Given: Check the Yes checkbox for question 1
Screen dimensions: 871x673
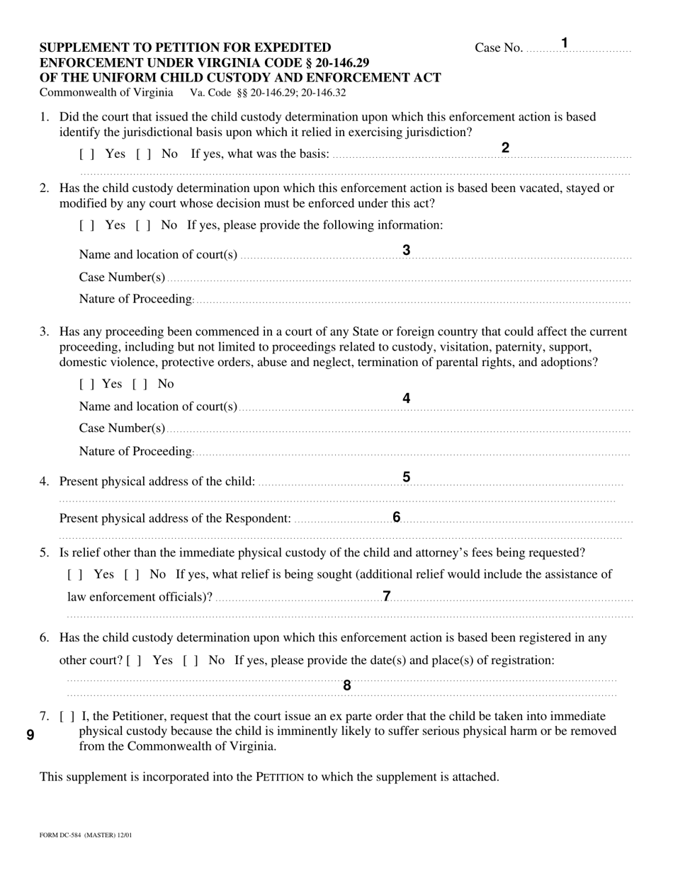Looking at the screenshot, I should click(x=87, y=154).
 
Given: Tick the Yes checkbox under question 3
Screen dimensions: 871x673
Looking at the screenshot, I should click(x=87, y=385).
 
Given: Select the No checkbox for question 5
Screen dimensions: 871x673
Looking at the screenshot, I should click(x=132, y=574).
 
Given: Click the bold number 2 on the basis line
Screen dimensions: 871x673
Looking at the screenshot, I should click(x=505, y=148).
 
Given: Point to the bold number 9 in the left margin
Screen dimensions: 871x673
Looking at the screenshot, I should click(x=30, y=734).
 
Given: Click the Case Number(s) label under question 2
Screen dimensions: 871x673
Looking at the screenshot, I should click(x=122, y=277).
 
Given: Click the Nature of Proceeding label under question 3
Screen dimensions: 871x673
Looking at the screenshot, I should click(x=135, y=452).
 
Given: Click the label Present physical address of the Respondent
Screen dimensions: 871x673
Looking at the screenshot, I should click(x=175, y=519).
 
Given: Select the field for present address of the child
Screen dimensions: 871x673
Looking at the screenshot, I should click(x=439, y=483).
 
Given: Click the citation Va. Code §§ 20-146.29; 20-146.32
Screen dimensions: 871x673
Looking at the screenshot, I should click(x=268, y=93).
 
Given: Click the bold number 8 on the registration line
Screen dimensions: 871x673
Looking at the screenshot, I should click(x=347, y=685).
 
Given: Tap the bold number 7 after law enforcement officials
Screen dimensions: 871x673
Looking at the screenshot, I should click(x=387, y=596).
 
